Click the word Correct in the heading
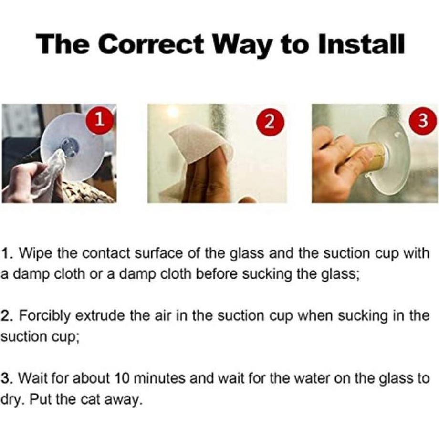[x=151, y=44]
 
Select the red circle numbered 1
[x=100, y=120]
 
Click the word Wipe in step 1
[x=36, y=253]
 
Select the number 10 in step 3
[x=122, y=378]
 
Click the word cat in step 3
[x=90, y=399]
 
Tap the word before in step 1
[x=217, y=274]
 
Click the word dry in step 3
[x=12, y=400]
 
